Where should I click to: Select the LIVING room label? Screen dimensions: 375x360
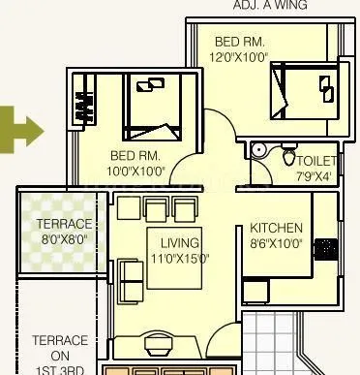coord(180,242)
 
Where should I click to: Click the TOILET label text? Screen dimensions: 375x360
coord(316,161)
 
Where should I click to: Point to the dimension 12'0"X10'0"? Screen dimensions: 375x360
coord(240,56)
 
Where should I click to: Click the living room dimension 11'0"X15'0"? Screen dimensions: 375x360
coord(180,258)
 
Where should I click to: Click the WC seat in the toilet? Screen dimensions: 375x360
coord(288,158)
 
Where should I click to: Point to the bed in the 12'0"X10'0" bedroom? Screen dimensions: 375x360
coord(305,95)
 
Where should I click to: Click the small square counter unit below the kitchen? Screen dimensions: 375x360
coord(255,291)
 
